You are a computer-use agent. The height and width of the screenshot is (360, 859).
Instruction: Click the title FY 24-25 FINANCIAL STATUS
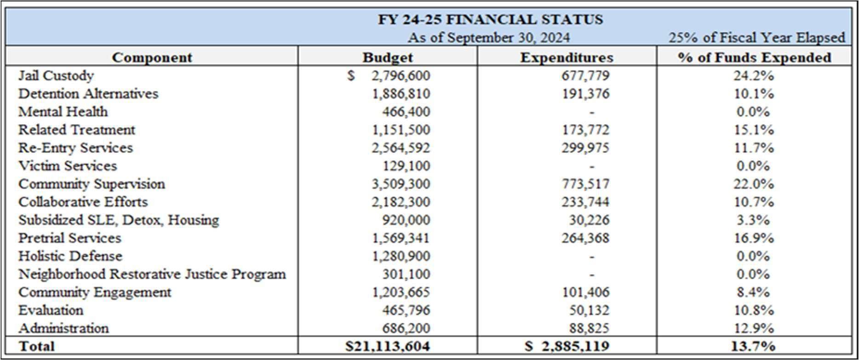coord(490,20)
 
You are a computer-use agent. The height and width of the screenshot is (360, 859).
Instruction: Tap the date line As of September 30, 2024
coord(488,37)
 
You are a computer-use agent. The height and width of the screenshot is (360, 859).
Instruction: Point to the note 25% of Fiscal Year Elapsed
coord(756,37)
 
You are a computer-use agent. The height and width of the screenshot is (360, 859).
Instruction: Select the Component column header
coord(152,57)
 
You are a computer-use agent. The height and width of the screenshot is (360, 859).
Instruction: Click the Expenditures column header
coord(567,57)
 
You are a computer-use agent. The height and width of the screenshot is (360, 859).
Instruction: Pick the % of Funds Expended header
coord(754,57)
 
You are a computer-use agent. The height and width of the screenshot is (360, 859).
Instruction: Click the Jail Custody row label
coord(56,75)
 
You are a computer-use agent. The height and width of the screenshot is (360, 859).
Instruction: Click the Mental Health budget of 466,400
coord(406,112)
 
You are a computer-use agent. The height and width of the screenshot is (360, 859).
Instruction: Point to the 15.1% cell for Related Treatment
coord(753,130)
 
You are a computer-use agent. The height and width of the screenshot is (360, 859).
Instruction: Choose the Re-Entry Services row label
coord(75,148)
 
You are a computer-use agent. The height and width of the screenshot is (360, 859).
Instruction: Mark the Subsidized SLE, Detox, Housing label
coord(119,220)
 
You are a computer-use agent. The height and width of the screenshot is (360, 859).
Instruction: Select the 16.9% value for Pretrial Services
coord(753,238)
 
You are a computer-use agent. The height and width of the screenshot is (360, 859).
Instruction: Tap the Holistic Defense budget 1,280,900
coord(401,256)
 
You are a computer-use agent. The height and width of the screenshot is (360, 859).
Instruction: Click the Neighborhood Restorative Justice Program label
coord(152,274)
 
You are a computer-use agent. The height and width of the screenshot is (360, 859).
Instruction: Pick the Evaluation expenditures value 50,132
coord(589,310)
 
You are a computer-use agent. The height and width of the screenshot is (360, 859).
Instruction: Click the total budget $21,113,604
coord(388,346)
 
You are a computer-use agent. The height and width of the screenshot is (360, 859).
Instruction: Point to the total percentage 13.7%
coord(753,346)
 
